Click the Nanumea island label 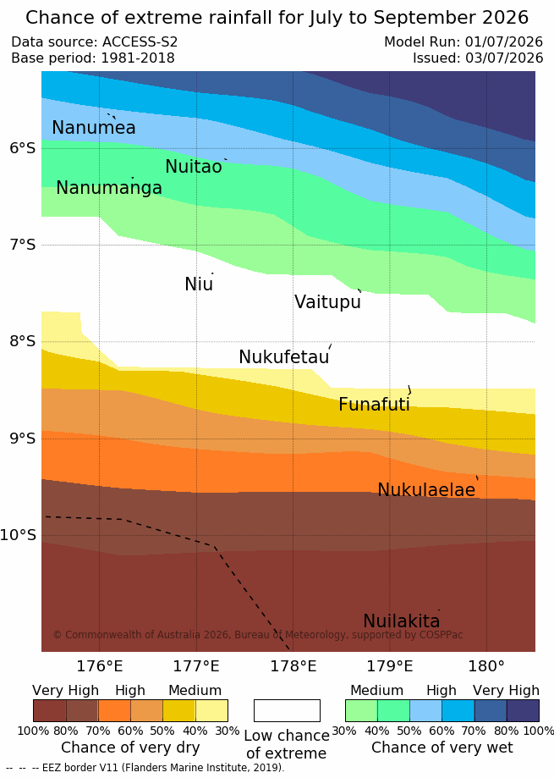point(94,128)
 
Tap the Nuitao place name point(194,167)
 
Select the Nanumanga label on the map point(109,188)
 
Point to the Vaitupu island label point(327,301)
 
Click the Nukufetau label point(284,356)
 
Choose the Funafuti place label point(374,405)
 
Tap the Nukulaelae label point(426,489)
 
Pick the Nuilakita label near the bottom point(402,621)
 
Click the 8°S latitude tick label point(23,341)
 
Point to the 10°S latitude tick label point(19,535)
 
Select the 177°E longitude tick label point(196,666)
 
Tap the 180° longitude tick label point(486,666)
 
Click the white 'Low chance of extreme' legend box point(287,710)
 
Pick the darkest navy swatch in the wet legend point(523,710)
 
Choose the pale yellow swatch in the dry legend point(211,710)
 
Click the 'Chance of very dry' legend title point(130,748)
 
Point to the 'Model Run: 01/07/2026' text point(463,41)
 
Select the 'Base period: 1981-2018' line point(93,58)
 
